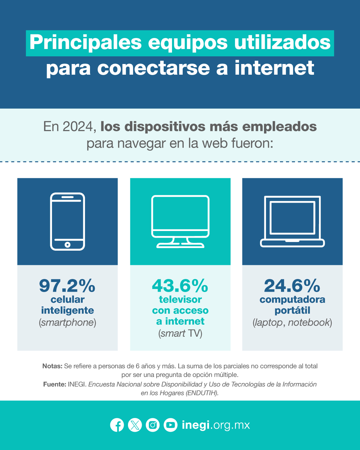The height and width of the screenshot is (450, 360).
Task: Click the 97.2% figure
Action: click(x=67, y=286)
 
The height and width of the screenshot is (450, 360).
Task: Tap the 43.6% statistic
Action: click(x=180, y=286)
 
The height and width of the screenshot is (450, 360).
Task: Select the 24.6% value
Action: click(x=292, y=286)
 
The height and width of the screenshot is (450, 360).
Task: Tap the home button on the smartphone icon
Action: click(x=67, y=245)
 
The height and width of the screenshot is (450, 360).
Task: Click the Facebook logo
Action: click(x=117, y=425)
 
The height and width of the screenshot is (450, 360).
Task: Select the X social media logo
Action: click(x=135, y=425)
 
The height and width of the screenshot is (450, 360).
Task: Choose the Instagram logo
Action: click(x=153, y=425)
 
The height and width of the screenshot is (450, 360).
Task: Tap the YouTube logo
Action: click(x=170, y=425)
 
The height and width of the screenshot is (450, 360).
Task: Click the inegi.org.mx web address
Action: click(x=216, y=425)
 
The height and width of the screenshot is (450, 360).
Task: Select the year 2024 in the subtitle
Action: click(x=78, y=127)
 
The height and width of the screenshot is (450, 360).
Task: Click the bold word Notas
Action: click(x=52, y=366)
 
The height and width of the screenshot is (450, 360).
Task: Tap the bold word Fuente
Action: click(x=55, y=384)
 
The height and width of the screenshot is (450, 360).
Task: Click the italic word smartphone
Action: click(x=67, y=322)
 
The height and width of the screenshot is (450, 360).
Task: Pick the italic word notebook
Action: click(x=309, y=322)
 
